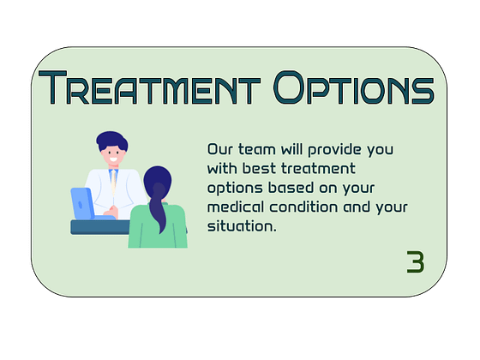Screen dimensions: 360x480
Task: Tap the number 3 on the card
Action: pyautogui.click(x=415, y=262)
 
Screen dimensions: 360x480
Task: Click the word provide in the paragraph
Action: pyautogui.click(x=335, y=149)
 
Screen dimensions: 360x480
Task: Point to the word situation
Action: pyautogui.click(x=241, y=227)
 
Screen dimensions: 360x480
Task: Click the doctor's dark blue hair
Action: pyautogui.click(x=111, y=140)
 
